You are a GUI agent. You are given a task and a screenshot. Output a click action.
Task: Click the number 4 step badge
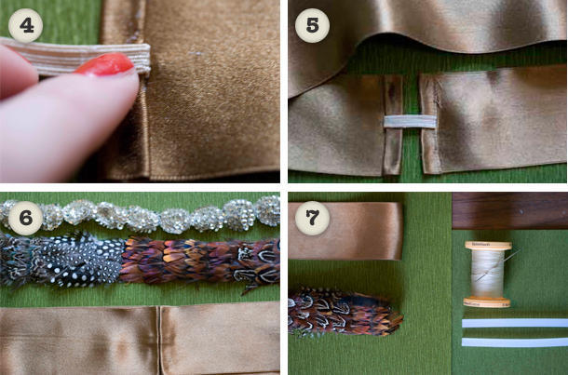click(x=25, y=25)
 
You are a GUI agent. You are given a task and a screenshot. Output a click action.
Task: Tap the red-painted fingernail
click(x=105, y=64)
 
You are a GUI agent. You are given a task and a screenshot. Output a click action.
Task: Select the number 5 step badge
click(x=312, y=25)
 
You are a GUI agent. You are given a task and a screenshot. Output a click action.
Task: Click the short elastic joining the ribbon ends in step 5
click(x=410, y=122)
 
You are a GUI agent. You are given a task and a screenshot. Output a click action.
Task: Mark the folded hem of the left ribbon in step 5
click(x=393, y=125)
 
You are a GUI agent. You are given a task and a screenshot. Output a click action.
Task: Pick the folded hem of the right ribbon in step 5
click(x=428, y=124)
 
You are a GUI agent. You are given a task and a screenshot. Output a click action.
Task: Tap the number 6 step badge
click(x=25, y=218)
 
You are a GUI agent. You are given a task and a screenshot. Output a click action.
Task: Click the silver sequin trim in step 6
click(x=142, y=215)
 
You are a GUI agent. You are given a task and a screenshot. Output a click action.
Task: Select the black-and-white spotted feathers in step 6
click(x=80, y=260)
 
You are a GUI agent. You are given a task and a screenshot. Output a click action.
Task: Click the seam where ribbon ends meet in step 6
click(x=158, y=341)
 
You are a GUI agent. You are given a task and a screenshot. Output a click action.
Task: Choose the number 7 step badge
click(x=312, y=218)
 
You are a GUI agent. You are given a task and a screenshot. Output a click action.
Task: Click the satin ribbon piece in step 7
click(x=346, y=231)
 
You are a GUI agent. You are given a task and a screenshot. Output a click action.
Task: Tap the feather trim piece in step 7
click(x=345, y=312)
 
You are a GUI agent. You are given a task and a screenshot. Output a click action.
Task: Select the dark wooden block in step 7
click(x=510, y=210)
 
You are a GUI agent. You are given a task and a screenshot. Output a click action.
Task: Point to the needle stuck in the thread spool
click(x=497, y=266)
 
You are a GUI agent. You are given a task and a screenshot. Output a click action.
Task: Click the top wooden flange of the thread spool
click(x=488, y=246)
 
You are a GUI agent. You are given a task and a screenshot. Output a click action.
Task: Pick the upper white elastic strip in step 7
click(x=515, y=323)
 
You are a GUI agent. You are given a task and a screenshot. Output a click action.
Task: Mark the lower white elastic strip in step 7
click(x=515, y=342)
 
